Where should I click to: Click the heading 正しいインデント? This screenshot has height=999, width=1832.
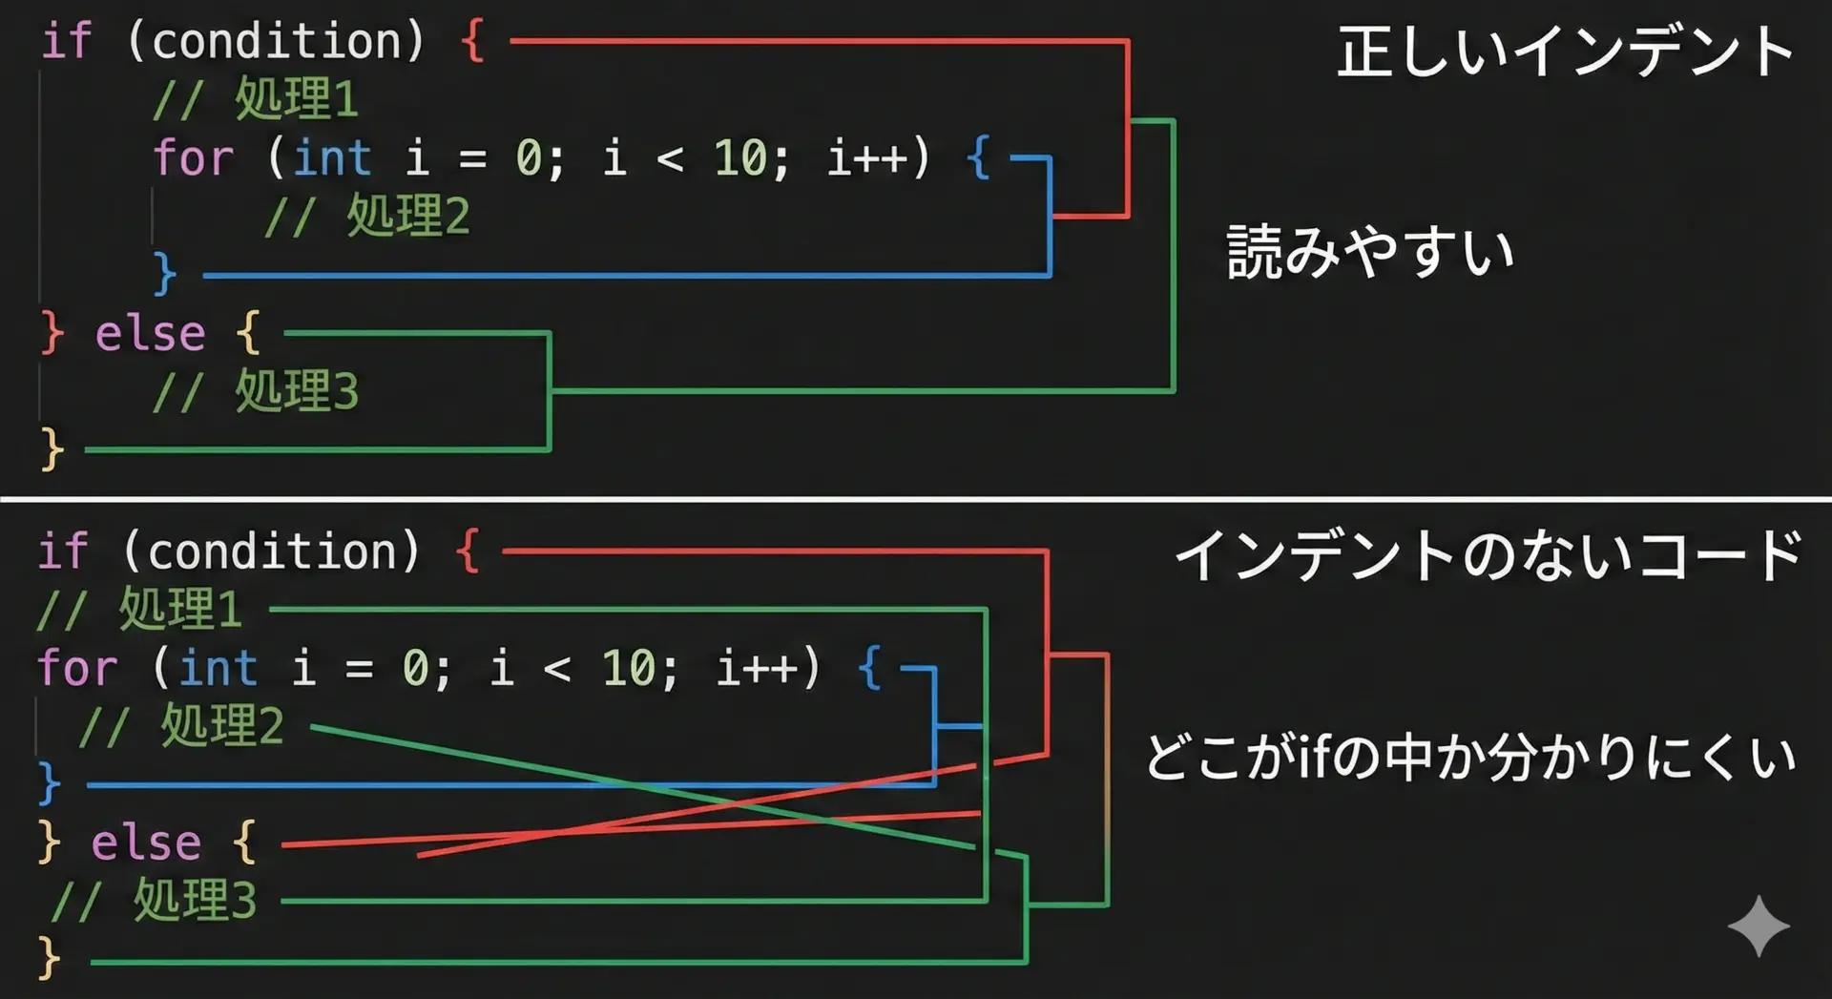(x=1565, y=52)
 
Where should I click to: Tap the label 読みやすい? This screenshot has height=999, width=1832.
(x=1370, y=252)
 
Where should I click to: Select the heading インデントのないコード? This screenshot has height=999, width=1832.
(x=1488, y=555)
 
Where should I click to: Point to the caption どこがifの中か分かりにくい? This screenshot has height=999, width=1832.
(x=1470, y=758)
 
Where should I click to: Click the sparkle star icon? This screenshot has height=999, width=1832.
(x=1759, y=926)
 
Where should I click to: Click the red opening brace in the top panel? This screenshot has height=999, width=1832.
(x=472, y=42)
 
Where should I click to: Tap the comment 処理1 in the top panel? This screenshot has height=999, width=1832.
(x=256, y=99)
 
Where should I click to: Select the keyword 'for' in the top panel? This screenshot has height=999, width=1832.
(x=194, y=157)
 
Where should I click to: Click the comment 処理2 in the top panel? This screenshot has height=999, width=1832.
(x=367, y=216)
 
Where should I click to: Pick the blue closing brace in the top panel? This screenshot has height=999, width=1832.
(x=165, y=275)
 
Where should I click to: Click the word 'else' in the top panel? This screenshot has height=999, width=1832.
(x=151, y=333)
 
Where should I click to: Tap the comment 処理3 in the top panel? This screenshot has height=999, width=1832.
(x=256, y=391)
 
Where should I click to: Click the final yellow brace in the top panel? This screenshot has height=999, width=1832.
(x=52, y=449)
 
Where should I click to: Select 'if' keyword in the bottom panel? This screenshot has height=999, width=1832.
(x=63, y=552)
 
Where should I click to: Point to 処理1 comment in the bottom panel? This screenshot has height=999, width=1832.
(x=139, y=609)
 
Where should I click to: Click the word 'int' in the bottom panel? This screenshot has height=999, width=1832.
(x=219, y=667)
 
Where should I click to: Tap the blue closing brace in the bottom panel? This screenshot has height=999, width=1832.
(x=49, y=783)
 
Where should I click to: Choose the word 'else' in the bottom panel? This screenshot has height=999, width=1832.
(x=147, y=843)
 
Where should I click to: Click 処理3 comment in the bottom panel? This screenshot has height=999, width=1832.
(x=154, y=901)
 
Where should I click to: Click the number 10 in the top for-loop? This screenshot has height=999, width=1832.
(x=740, y=157)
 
